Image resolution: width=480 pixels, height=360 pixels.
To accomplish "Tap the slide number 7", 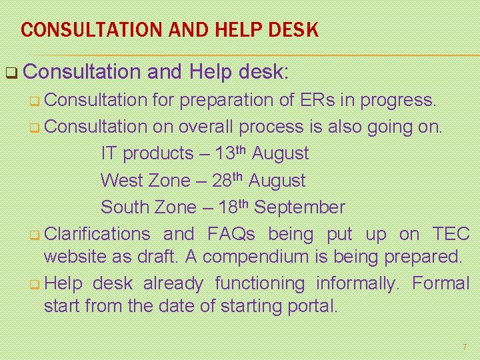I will (x=465, y=347).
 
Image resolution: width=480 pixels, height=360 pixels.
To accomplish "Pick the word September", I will (x=300, y=207).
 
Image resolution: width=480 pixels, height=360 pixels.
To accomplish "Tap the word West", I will (x=121, y=181).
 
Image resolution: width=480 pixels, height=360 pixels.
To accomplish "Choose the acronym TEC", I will (x=451, y=234).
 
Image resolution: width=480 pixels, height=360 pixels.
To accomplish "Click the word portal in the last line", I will (x=317, y=307).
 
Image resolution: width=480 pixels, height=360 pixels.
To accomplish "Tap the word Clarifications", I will (x=97, y=234).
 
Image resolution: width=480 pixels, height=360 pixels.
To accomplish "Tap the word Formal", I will (x=441, y=283).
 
